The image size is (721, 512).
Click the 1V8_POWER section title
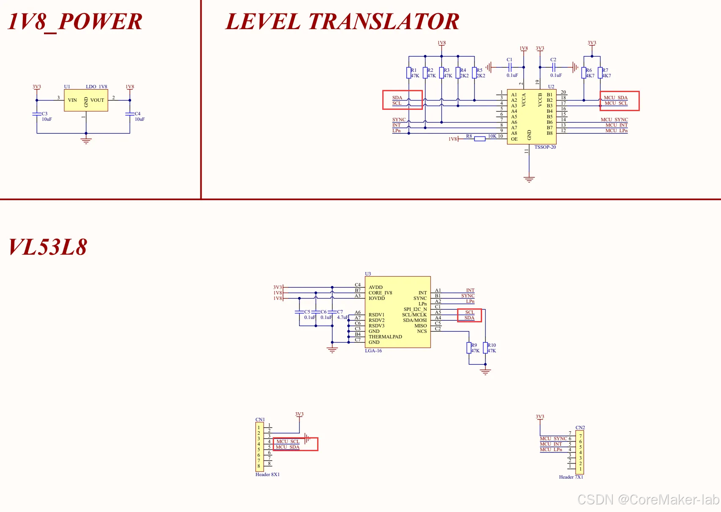click(x=75, y=22)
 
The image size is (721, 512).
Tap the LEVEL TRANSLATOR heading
click(x=342, y=22)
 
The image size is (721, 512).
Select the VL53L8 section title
click(x=48, y=247)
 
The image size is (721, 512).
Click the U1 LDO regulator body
click(x=86, y=100)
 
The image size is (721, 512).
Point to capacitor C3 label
click(x=44, y=114)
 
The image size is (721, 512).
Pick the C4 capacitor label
click(x=137, y=114)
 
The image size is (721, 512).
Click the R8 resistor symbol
click(x=480, y=139)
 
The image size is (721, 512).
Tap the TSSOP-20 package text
click(x=545, y=147)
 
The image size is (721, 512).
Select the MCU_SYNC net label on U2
click(x=614, y=120)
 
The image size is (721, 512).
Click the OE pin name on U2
click(x=514, y=139)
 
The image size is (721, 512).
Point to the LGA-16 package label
click(x=373, y=351)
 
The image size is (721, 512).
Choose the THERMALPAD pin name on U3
click(x=385, y=337)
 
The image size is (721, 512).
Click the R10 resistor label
click(x=492, y=345)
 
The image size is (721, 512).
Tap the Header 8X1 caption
click(x=267, y=474)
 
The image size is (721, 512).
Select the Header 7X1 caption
click(x=571, y=477)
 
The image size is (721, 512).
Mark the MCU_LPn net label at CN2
click(x=551, y=449)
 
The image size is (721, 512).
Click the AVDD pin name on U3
click(x=376, y=287)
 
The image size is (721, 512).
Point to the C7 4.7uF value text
click(x=343, y=317)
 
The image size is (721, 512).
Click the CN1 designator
click(x=260, y=419)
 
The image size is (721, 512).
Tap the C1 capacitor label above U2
click(x=509, y=60)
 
